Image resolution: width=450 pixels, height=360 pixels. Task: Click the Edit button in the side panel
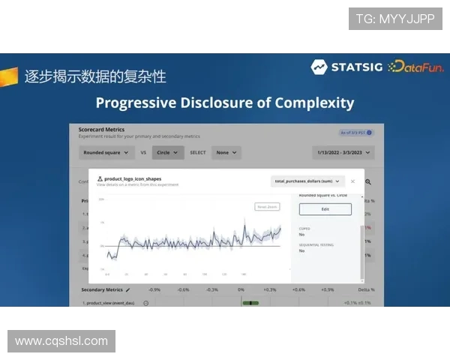[325, 209]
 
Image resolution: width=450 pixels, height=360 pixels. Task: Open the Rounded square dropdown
[105, 152]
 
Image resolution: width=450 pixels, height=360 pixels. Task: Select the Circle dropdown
[167, 152]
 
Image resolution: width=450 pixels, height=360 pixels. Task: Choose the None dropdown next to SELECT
[225, 152]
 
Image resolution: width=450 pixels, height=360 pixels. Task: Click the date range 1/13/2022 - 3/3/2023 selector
[343, 152]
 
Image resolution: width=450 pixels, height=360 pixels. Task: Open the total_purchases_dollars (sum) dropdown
[307, 181]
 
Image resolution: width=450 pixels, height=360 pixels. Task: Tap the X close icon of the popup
[352, 181]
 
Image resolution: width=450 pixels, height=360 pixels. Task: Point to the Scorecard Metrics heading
[101, 129]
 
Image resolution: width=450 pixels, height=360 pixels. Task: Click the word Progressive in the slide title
[140, 103]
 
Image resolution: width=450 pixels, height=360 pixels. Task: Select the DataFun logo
[416, 67]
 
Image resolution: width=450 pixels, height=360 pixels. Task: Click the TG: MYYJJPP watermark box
[395, 19]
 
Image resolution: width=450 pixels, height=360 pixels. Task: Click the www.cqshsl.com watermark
[61, 341]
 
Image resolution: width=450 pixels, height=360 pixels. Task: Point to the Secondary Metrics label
[101, 289]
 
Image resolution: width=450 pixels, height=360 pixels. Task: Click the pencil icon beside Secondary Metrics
[127, 289]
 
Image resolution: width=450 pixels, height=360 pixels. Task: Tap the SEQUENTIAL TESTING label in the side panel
[316, 244]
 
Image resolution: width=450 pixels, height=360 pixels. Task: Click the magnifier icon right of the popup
[367, 181]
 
